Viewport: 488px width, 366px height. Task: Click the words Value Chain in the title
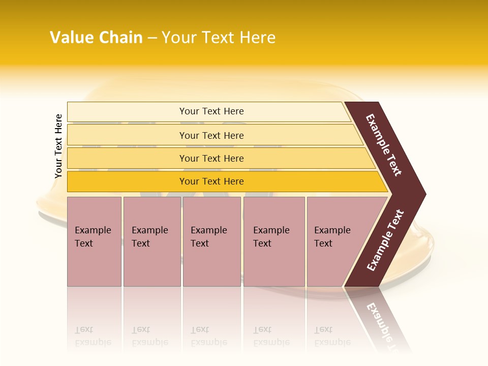96,38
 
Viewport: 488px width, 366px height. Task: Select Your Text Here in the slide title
219,38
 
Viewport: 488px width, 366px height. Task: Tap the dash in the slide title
152,38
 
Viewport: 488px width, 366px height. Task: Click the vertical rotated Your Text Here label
58,146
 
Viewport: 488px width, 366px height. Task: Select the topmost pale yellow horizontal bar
211,111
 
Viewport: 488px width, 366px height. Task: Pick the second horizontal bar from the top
211,135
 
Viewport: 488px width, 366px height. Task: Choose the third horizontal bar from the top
211,158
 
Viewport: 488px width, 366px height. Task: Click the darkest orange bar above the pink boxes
211,181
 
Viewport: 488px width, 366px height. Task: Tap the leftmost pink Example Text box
94,241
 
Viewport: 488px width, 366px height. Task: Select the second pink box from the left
152,241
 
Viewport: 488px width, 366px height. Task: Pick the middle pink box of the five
211,241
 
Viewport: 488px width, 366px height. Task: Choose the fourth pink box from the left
274,241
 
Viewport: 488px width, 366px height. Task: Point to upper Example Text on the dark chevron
384,145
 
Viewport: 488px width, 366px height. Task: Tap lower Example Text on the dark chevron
385,240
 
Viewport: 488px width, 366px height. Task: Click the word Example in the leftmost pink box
93,230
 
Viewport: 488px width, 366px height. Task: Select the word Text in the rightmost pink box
323,243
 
